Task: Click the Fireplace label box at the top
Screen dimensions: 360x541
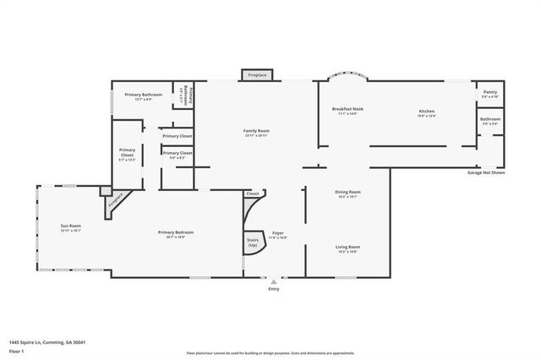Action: point(256,75)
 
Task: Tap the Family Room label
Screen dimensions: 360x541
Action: point(256,131)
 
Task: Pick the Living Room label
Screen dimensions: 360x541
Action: point(348,247)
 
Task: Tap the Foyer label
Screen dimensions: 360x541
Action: point(278,233)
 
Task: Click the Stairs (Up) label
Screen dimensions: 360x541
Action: point(253,242)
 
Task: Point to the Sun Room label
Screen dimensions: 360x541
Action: point(70,226)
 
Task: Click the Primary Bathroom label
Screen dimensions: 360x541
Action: point(143,95)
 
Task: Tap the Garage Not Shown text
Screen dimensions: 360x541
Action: point(486,172)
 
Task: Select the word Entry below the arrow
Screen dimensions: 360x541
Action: point(273,289)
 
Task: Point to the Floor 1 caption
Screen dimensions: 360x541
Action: point(16,351)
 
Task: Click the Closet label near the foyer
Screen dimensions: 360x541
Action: point(253,194)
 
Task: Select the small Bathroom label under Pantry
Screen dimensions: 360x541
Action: point(490,119)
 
